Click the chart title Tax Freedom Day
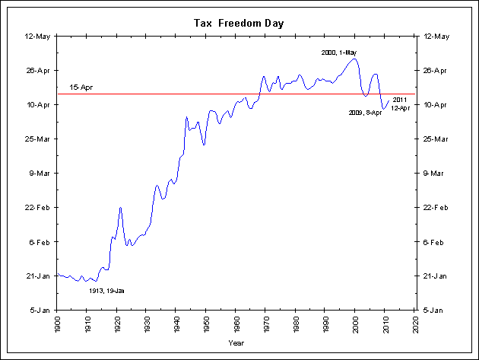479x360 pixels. (239, 24)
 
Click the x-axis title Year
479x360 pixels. (236, 342)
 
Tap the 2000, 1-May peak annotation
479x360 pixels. (339, 53)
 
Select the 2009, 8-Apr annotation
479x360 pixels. (365, 113)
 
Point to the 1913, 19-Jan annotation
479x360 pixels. (106, 291)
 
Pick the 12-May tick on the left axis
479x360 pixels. (38, 36)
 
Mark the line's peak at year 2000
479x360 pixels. (354, 59)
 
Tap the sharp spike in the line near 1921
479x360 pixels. (120, 207)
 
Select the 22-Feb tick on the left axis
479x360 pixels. (38, 208)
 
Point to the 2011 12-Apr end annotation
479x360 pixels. (401, 104)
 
